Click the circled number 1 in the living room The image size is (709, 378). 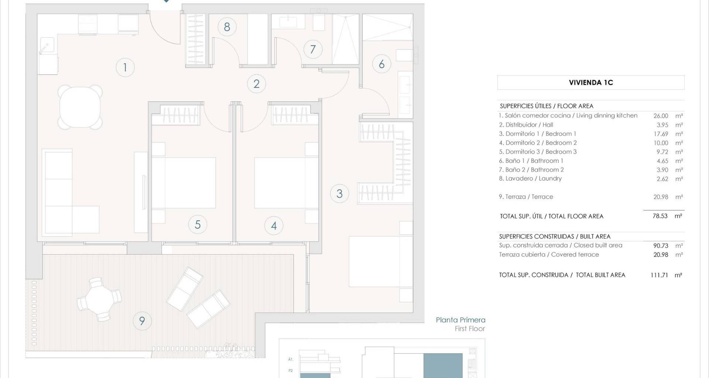pyautogui.click(x=125, y=68)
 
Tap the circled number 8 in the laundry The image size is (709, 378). pyautogui.click(x=227, y=27)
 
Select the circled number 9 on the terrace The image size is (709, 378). pyautogui.click(x=142, y=321)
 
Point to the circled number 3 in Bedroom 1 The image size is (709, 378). pyautogui.click(x=339, y=193)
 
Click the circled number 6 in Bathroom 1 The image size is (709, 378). pyautogui.click(x=381, y=64)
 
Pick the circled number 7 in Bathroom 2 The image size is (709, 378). pyautogui.click(x=313, y=49)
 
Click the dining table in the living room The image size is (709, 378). pyautogui.click(x=80, y=107)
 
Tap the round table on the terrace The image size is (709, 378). pyautogui.click(x=99, y=299)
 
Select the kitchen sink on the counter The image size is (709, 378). pyautogui.click(x=47, y=46)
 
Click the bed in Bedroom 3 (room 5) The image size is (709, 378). pyautogui.click(x=184, y=183)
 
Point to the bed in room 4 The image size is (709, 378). pyautogui.click(x=286, y=183)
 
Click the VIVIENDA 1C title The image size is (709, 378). pyautogui.click(x=591, y=83)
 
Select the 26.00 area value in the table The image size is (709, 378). pyautogui.click(x=661, y=116)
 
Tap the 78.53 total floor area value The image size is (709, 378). pyautogui.click(x=660, y=216)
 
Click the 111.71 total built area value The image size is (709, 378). pyautogui.click(x=660, y=275)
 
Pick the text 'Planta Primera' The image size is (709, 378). pyautogui.click(x=460, y=320)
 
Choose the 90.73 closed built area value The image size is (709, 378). pyautogui.click(x=661, y=245)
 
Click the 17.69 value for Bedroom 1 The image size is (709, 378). pyautogui.click(x=661, y=134)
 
